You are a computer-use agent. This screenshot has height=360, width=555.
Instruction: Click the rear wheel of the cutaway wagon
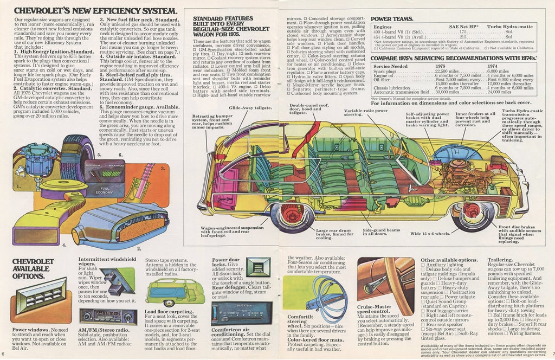tap(292, 214)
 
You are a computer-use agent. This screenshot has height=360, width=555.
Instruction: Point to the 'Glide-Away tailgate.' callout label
tap(250, 108)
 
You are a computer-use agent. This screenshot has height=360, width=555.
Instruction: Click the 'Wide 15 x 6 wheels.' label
tap(430, 234)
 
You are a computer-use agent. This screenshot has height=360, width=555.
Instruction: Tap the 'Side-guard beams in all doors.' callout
tap(382, 232)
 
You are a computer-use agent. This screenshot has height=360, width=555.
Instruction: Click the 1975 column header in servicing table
tap(441, 66)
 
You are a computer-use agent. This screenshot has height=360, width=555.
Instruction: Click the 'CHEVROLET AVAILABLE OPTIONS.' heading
tap(34, 268)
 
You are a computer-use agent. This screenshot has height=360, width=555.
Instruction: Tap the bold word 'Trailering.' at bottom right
tap(500, 260)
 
